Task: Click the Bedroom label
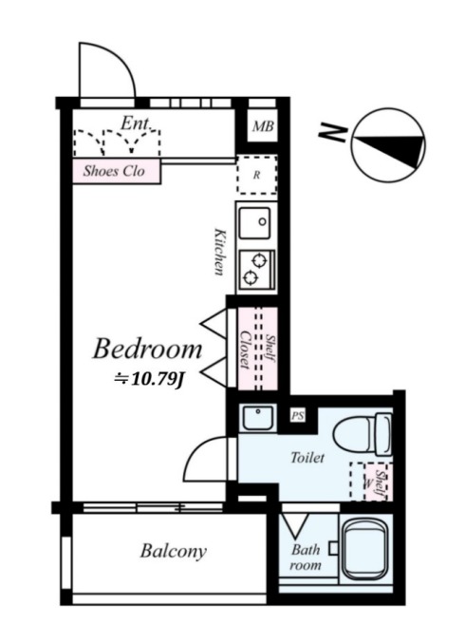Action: [147, 349]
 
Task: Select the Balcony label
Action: [174, 551]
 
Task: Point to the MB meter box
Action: [263, 126]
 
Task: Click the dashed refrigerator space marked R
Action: [256, 175]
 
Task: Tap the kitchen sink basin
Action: [254, 223]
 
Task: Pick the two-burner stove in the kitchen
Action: [256, 270]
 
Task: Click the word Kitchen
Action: [219, 252]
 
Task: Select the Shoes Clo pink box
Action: [117, 171]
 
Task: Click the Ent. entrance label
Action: [136, 123]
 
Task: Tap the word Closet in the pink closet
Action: [244, 350]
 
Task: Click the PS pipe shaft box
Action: [298, 416]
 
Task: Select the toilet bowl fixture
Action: [363, 434]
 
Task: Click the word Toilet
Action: [307, 458]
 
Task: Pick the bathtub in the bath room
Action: [366, 550]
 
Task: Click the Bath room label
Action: [306, 558]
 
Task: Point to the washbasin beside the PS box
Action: [258, 418]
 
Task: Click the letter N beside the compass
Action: [332, 132]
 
